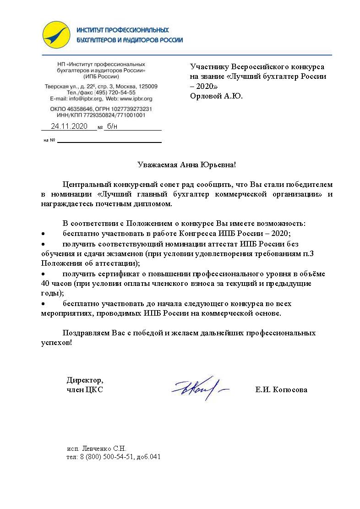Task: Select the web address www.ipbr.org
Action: click(137, 99)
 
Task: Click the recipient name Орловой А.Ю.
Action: click(216, 96)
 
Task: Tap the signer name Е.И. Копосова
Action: click(281, 390)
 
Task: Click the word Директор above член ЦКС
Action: click(85, 380)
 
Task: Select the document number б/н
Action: click(112, 126)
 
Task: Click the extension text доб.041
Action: click(148, 457)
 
